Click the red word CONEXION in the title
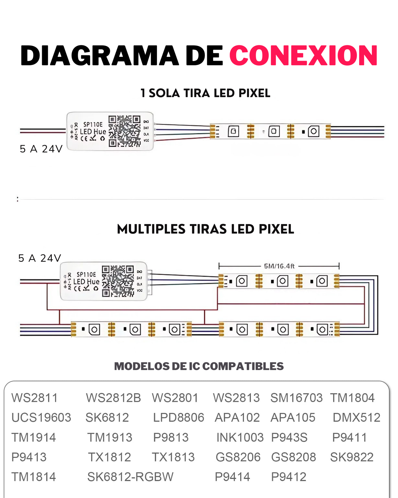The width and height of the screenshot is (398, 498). click(x=303, y=56)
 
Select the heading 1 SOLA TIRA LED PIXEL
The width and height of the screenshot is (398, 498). click(x=205, y=93)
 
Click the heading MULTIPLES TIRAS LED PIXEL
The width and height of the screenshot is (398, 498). click(x=205, y=229)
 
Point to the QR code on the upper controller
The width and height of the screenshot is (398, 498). click(x=124, y=131)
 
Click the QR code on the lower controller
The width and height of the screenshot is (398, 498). click(x=118, y=281)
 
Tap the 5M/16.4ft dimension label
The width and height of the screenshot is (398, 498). click(x=279, y=266)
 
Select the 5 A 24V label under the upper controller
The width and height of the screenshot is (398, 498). click(x=41, y=149)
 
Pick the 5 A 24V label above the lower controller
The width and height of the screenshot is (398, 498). click(x=40, y=258)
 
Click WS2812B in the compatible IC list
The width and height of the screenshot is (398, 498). click(x=113, y=398)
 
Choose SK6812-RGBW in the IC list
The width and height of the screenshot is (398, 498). click(x=130, y=477)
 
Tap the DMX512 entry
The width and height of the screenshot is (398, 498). click(x=356, y=417)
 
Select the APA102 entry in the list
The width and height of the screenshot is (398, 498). click(x=237, y=417)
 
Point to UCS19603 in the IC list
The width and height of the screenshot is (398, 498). click(x=41, y=417)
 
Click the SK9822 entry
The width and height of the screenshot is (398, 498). click(x=352, y=457)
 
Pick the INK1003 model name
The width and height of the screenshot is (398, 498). click(x=240, y=437)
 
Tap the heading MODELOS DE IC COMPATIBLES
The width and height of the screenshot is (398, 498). click(x=199, y=366)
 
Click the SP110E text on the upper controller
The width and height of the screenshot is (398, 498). click(x=93, y=125)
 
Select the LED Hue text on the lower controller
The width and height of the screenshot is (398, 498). click(x=86, y=282)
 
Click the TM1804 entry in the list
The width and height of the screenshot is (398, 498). click(x=352, y=398)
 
